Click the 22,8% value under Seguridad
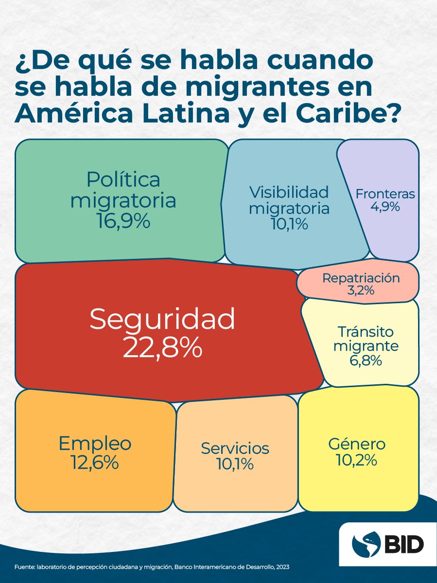pos(162,346)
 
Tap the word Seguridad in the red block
pos(162,319)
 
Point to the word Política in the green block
pos(123,179)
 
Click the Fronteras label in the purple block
pos(385,194)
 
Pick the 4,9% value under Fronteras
pos(385,206)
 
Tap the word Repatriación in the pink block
pos(361,278)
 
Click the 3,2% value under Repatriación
pos(361,291)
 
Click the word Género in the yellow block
pos(357,444)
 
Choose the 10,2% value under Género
pos(357,460)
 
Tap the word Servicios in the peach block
pos(235,448)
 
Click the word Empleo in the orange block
pos(95,443)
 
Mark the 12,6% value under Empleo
pos(95,462)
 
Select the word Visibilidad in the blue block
pos(289,192)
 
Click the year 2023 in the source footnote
pos(282,567)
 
